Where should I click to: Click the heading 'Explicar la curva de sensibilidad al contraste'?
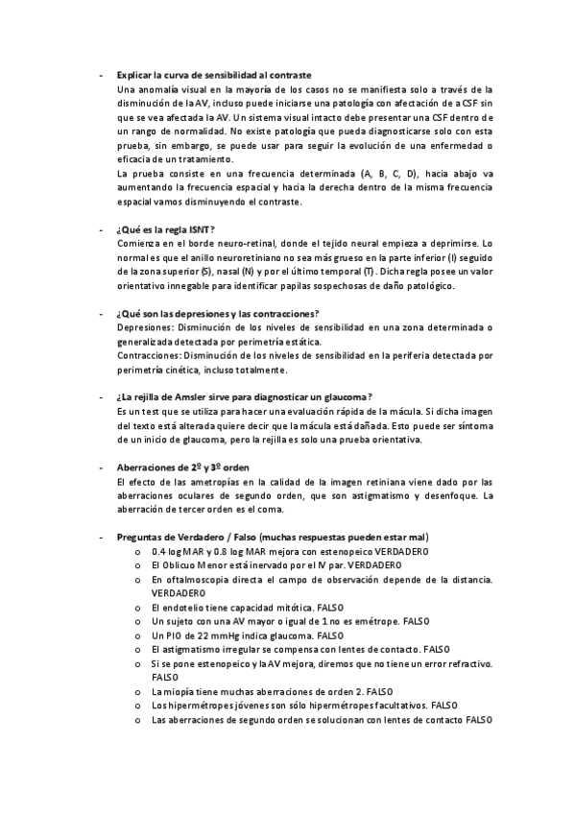pyautogui.click(x=212, y=75)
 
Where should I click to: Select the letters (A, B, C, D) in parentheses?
pyautogui.click(x=382, y=174)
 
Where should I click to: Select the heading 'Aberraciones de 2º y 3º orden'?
pyautogui.click(x=182, y=467)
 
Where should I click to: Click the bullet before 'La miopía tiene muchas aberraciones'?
pyautogui.click(x=141, y=691)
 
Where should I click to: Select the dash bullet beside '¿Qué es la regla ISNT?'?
pyautogui.click(x=102, y=230)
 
